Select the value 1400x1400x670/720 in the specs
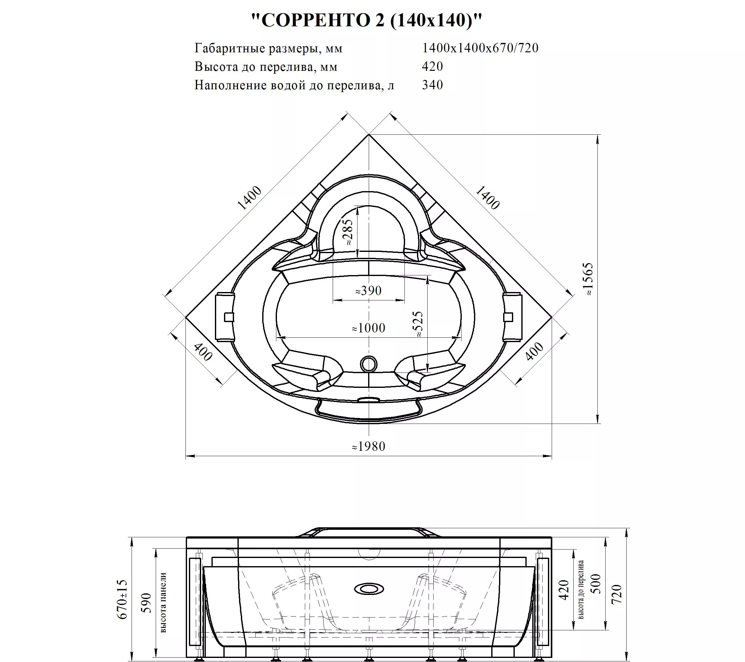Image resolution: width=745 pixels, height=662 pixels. point(480,48)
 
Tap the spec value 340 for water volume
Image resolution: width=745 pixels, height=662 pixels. point(432,85)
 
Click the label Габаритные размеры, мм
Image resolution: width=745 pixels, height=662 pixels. point(268,49)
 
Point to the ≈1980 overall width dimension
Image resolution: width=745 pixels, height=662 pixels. point(368,446)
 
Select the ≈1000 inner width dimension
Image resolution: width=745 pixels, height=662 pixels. point(368,328)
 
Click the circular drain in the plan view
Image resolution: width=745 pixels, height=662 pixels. point(368,364)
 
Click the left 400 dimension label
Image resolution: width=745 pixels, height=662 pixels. point(203,352)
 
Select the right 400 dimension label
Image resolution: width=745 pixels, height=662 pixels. point(534,352)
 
